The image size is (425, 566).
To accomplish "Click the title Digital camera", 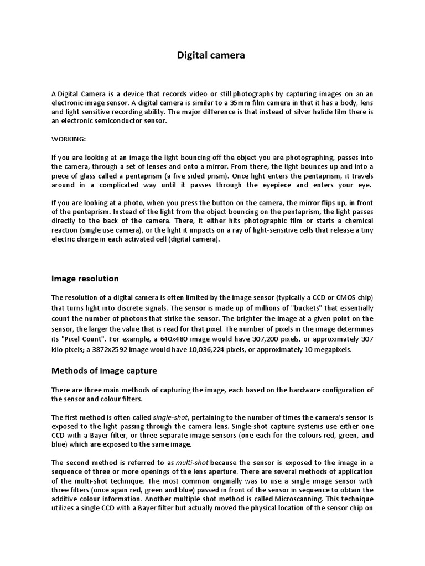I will [210, 55].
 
